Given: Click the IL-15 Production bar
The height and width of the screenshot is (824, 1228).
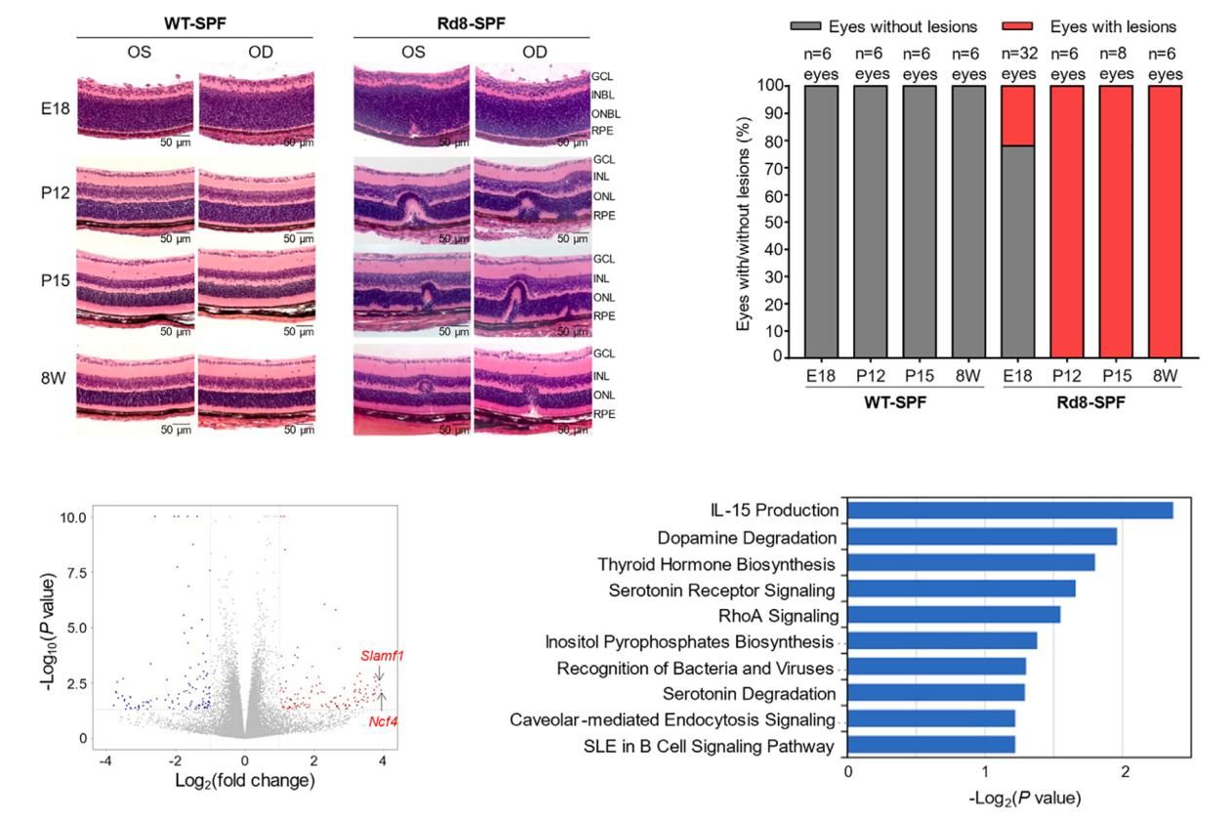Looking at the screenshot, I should coord(1009,511).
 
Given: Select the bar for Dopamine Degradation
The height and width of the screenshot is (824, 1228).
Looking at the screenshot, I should coord(982,537).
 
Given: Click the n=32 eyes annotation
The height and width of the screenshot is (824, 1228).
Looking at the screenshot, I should coord(1017,64).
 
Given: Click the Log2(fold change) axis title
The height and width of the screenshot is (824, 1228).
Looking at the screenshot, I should coord(244,780).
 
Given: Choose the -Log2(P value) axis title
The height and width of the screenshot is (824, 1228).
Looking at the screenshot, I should coord(1018,798).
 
